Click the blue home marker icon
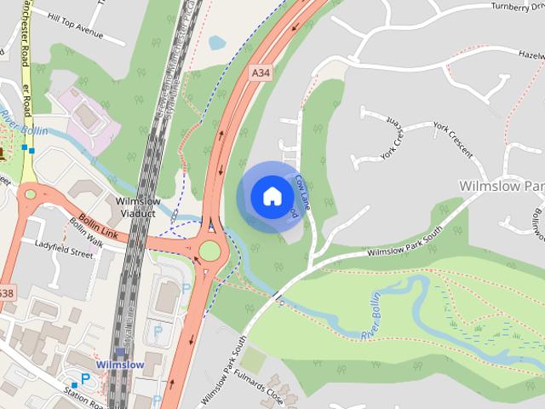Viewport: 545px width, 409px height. point(271,196)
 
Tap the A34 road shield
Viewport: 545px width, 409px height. point(261,75)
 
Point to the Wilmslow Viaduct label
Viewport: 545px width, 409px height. point(137,207)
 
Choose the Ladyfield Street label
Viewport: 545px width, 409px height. point(64,253)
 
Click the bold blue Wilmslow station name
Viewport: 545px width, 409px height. point(119,365)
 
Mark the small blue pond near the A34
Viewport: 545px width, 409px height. point(217,42)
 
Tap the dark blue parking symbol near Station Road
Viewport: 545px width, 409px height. point(85,378)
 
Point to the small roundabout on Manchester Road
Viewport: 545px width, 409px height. point(31,195)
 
